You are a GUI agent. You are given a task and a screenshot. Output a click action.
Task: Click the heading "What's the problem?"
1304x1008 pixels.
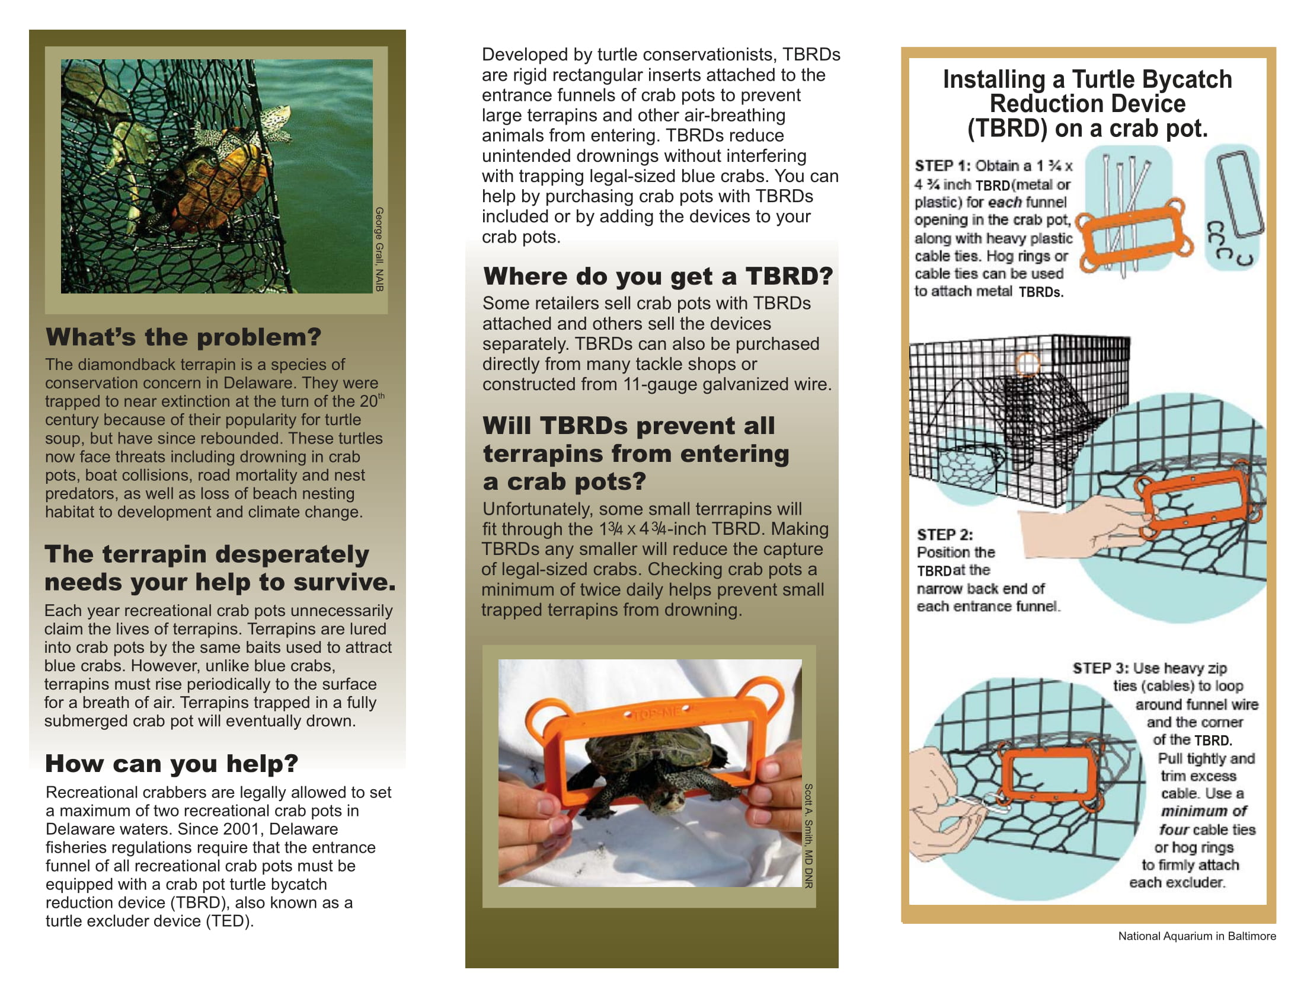(183, 337)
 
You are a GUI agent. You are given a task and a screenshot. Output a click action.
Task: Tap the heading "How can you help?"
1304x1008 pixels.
(171, 764)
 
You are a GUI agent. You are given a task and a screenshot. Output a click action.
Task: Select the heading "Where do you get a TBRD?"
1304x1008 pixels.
(658, 276)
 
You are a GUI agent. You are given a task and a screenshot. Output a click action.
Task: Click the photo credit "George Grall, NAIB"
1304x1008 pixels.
(379, 249)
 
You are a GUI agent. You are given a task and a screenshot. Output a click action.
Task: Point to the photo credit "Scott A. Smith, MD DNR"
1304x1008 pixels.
(808, 835)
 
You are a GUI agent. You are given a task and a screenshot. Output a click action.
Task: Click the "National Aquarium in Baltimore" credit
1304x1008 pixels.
(1197, 936)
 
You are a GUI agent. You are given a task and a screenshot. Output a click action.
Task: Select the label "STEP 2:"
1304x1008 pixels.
(945, 534)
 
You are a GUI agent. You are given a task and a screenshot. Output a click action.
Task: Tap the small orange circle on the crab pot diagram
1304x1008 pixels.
(1028, 363)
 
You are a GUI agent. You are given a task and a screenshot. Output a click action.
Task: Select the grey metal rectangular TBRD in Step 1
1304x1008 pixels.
(1240, 194)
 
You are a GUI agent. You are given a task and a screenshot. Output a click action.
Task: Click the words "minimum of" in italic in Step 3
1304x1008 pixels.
(1204, 811)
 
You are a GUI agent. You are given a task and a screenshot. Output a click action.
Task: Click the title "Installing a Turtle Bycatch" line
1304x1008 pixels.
(1087, 79)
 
